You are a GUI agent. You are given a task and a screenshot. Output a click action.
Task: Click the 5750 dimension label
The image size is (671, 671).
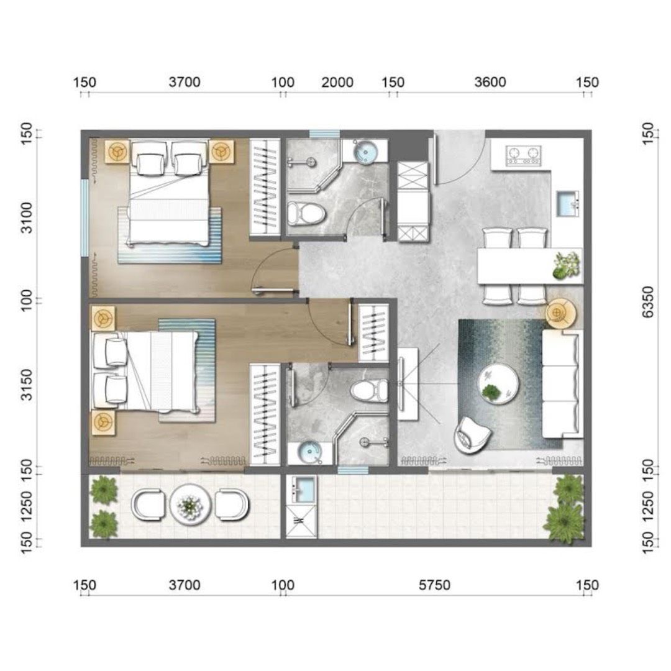point(434,585)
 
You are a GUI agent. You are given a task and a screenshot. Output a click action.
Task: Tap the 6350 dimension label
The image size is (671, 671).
point(648,302)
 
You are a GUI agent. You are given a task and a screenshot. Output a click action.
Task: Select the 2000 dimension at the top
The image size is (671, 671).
point(337,82)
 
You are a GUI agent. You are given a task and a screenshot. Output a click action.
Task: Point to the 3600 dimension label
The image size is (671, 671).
point(490,82)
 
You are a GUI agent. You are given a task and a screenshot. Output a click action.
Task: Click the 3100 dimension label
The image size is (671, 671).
point(27,218)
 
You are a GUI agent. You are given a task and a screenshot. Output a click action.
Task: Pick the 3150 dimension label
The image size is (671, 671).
point(27,385)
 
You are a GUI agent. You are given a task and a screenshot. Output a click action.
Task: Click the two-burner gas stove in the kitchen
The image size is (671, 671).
point(523,156)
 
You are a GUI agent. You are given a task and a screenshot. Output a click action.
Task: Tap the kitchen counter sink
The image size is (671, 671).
point(568,204)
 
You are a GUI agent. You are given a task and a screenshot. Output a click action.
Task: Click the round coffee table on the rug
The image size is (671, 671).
point(498,385)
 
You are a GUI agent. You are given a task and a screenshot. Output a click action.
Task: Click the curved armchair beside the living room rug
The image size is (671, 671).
point(472,435)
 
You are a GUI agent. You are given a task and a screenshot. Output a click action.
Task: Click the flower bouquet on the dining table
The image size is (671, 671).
point(566,265)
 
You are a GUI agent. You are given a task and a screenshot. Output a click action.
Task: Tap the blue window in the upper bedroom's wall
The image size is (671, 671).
point(84,218)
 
